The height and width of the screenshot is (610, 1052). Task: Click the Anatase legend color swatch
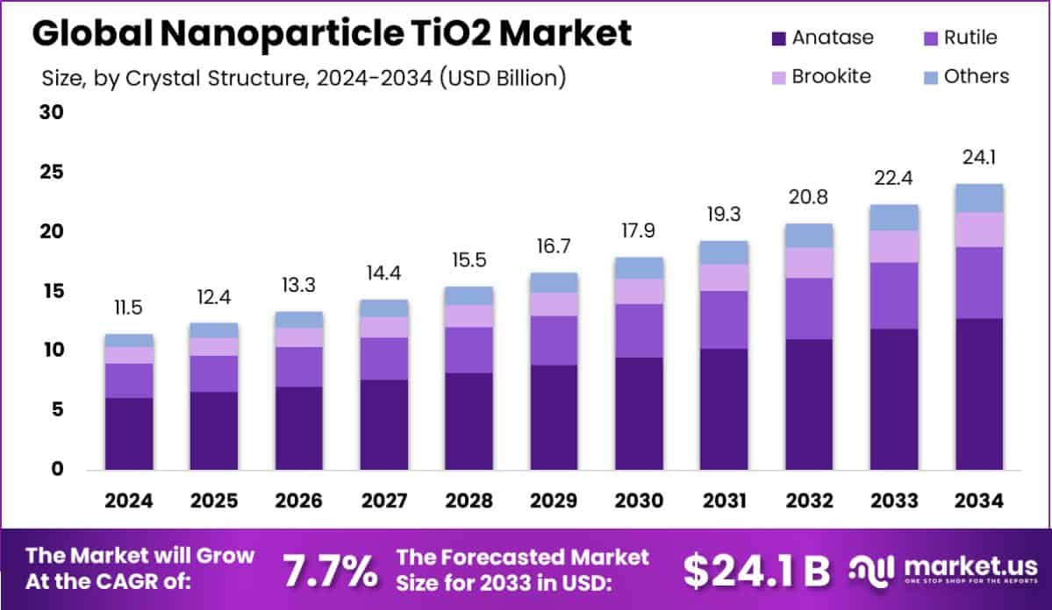tap(776, 39)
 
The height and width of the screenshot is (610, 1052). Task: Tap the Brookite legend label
tap(831, 76)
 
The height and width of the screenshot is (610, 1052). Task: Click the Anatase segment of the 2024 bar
tap(128, 433)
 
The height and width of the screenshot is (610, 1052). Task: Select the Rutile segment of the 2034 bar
tap(979, 282)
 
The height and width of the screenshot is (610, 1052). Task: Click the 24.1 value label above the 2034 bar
tap(979, 158)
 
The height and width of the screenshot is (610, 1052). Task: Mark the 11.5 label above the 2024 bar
tap(128, 309)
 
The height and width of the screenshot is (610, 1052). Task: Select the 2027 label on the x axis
tap(383, 500)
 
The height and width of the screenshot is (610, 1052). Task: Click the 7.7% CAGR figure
tap(329, 571)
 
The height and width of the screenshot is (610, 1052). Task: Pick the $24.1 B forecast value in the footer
tap(756, 571)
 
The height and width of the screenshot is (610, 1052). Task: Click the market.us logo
tap(943, 571)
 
